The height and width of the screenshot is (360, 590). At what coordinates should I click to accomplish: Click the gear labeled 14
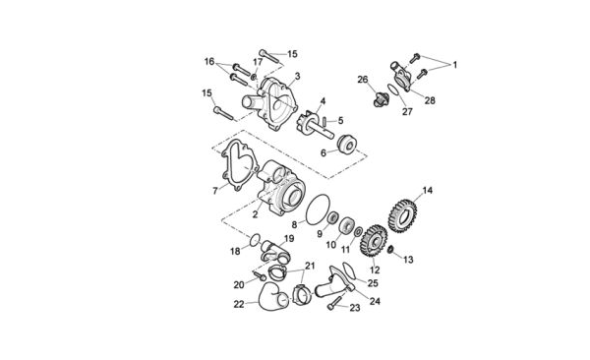pos(402,215)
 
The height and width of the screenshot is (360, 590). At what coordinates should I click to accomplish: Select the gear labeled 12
pos(374,241)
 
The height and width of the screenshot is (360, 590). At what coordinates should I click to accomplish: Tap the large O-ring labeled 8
pos(318,210)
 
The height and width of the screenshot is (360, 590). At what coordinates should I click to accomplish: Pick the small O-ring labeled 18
pos(256,240)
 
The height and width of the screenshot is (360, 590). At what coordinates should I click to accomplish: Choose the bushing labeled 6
pos(346,144)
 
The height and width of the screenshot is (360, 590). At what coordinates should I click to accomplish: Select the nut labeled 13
pos(390,249)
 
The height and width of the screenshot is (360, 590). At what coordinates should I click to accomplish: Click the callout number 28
pos(430,100)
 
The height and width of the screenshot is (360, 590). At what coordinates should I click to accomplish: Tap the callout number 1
pos(454,65)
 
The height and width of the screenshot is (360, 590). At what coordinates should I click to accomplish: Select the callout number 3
pos(298,77)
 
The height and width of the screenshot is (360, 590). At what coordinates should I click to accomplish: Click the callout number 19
pos(289,239)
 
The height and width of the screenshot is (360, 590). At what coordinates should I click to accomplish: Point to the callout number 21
pos(310,266)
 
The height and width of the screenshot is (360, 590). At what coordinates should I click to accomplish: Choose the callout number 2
pos(255,214)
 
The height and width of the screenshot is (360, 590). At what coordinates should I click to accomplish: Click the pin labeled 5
pos(324,122)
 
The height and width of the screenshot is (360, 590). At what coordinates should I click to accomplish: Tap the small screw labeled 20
pos(260,276)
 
